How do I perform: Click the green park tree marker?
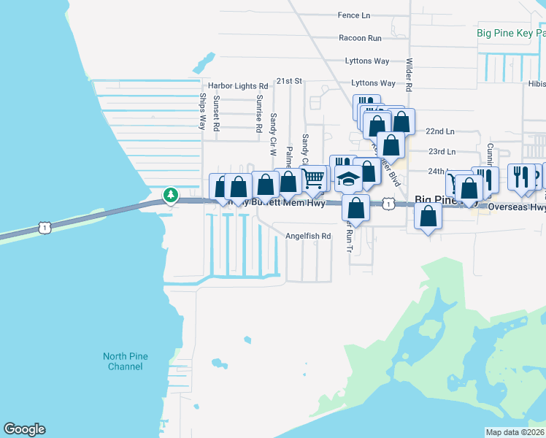171,195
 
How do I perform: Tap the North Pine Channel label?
125,361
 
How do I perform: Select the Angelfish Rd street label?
308,237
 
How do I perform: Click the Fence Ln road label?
354,15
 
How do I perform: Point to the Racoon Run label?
360,38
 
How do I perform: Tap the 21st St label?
289,82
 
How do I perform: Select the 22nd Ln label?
440,131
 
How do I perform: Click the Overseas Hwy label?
516,207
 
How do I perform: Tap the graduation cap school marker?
349,180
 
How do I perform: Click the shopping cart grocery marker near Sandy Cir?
313,177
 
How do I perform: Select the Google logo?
24,429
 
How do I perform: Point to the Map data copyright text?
515,432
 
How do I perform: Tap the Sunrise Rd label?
259,112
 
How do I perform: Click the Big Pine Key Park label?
510,33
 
